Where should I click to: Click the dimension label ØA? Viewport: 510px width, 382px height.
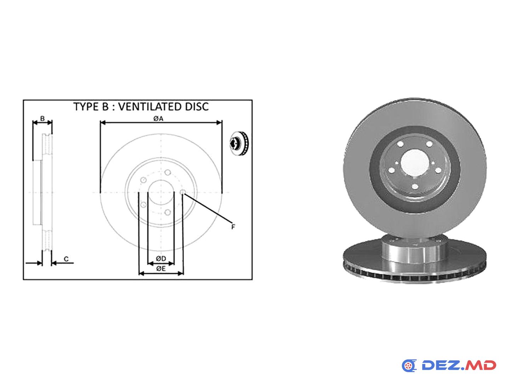tap(158, 119)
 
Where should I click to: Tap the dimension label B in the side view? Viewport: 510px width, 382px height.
tap(42, 118)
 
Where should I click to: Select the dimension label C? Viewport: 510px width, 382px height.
tap(66, 259)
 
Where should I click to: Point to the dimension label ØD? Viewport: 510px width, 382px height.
tap(161, 258)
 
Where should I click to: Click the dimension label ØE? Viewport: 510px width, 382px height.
tap(161, 268)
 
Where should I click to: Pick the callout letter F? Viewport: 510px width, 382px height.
tap(233, 227)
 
